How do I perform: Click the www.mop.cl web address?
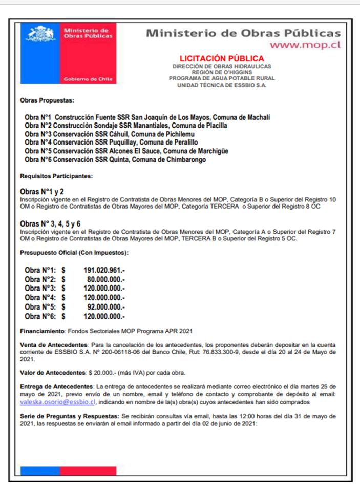click(x=305, y=45)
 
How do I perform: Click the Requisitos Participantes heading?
click(x=56, y=176)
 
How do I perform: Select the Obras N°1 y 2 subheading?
click(x=42, y=191)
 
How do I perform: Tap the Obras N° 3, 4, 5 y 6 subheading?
click(x=50, y=224)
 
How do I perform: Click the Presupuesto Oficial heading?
click(x=74, y=253)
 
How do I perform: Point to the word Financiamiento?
click(x=40, y=332)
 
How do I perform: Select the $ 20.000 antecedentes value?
click(x=95, y=372)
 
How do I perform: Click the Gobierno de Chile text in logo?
click(x=89, y=79)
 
